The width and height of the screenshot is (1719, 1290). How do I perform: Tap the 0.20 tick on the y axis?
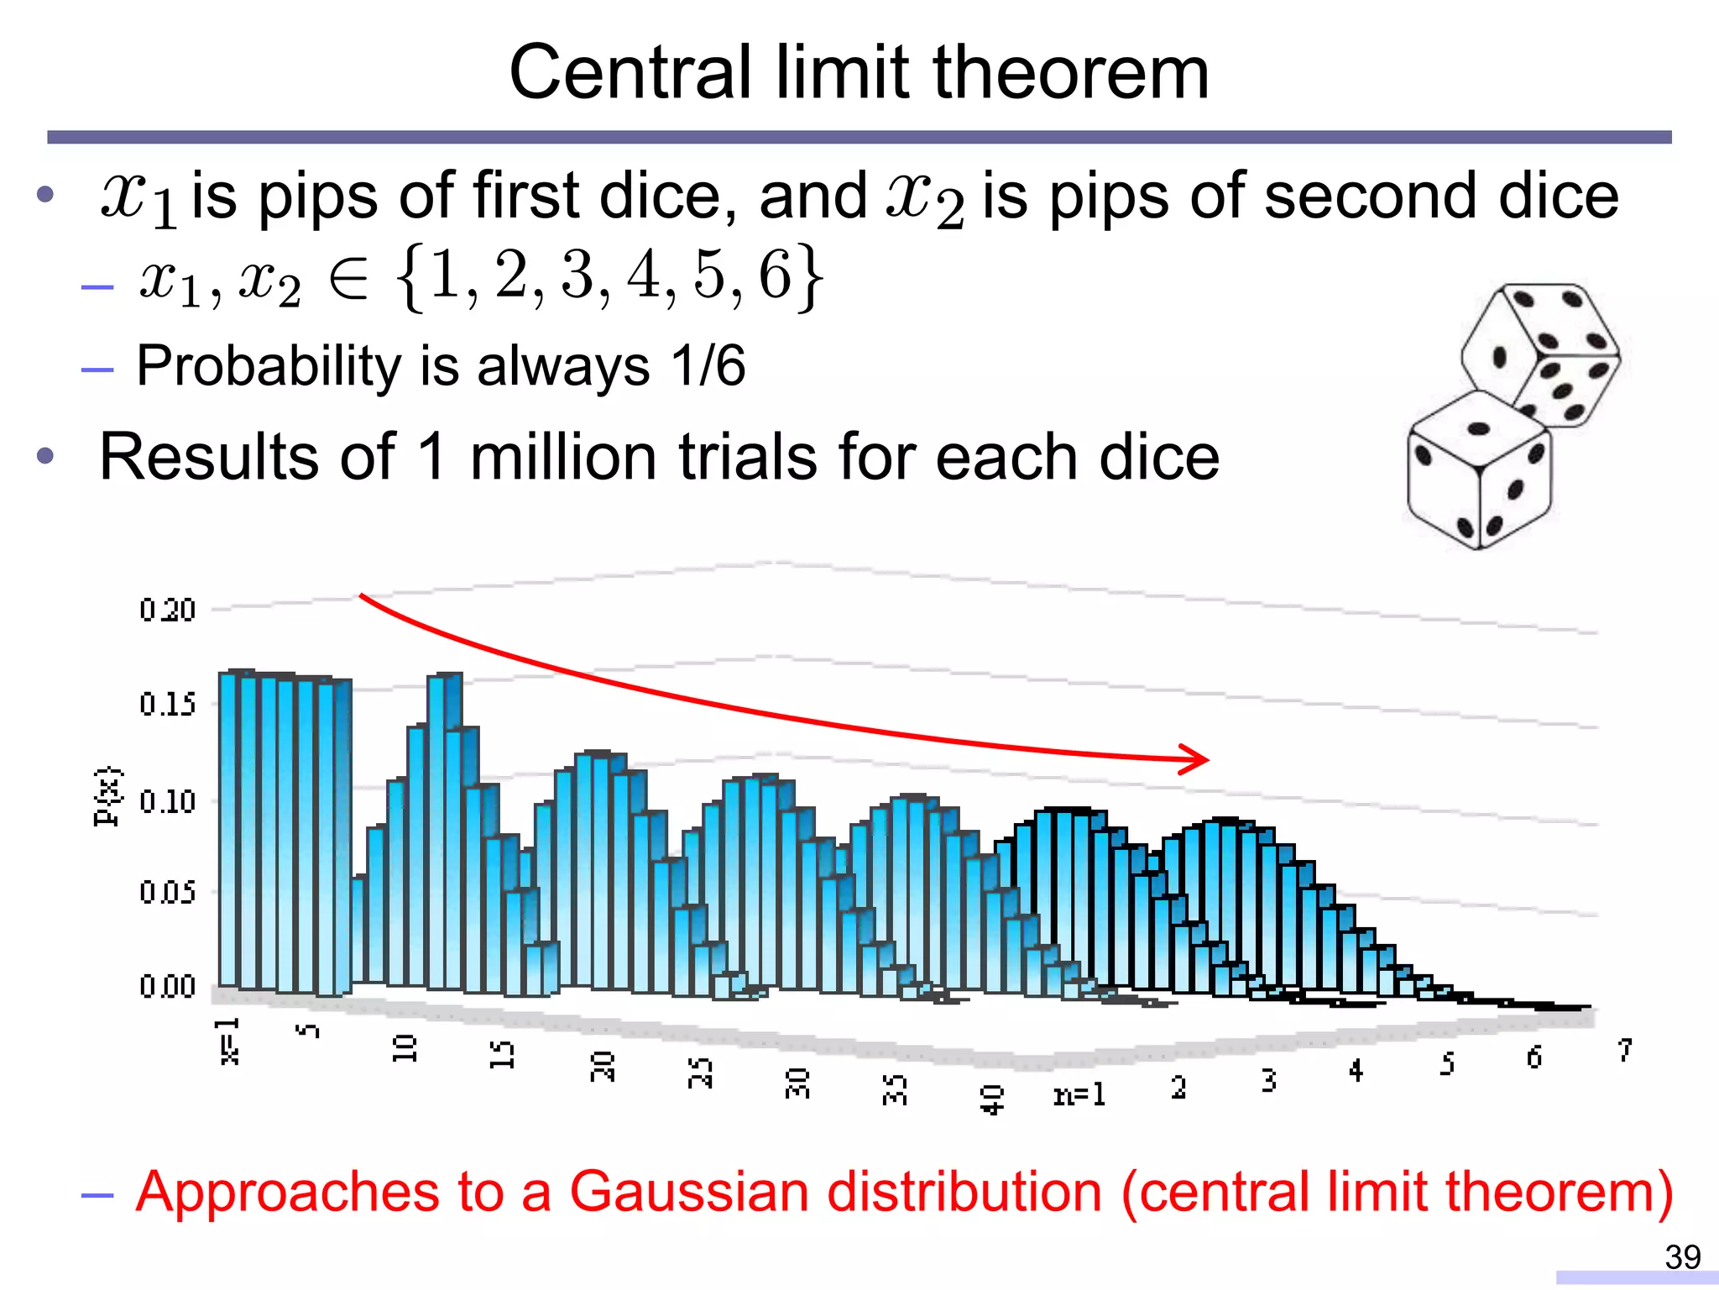167,610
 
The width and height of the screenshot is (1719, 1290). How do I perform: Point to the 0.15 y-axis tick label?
167,704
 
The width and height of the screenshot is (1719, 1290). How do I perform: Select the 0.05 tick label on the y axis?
167,892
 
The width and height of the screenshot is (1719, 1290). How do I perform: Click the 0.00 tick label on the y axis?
167,986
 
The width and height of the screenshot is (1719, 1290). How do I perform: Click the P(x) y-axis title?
107,797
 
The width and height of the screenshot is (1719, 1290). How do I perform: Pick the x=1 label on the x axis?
228,1041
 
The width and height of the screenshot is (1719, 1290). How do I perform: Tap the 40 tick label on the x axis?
991,1099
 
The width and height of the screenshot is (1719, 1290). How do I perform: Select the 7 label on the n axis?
1625,1051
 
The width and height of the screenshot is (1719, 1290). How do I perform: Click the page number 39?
1682,1257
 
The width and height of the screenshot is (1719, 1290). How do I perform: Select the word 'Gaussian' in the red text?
690,1192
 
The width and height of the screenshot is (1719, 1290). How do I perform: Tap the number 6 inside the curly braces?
775,275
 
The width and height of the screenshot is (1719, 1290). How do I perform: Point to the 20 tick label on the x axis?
602,1066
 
